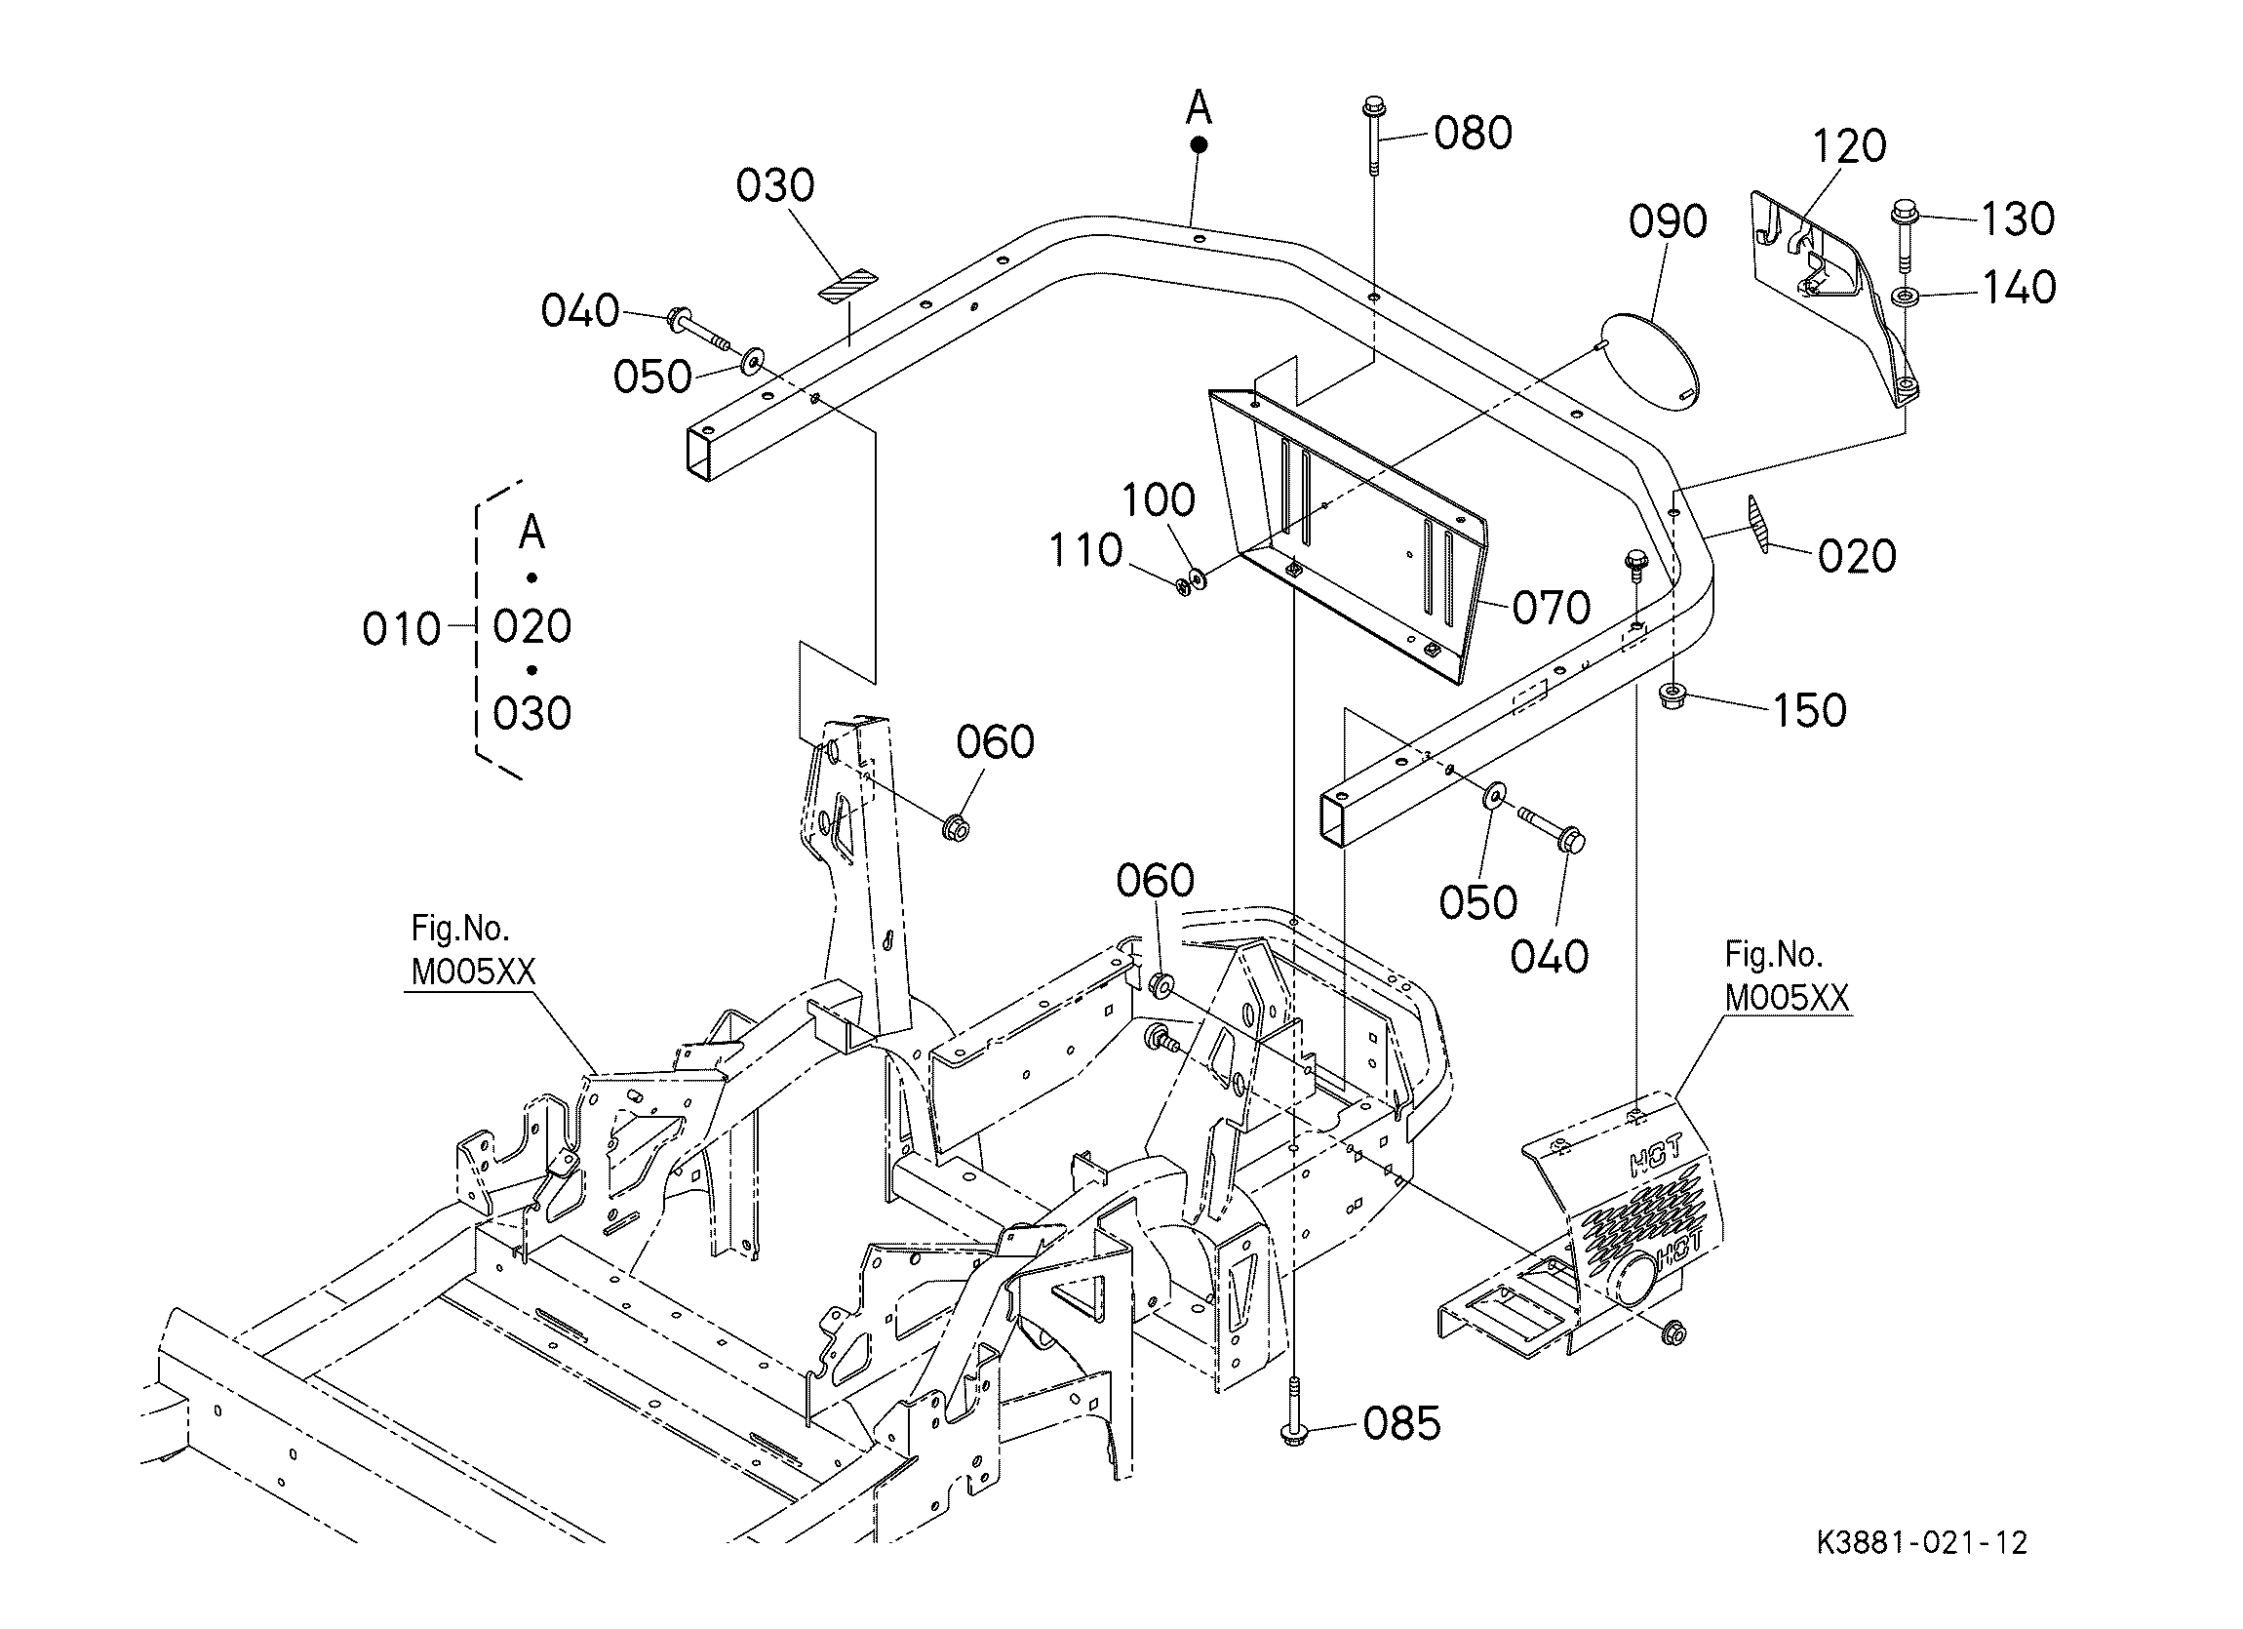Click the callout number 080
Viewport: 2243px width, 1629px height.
pos(1473,133)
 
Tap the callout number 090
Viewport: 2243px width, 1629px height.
pos(1669,221)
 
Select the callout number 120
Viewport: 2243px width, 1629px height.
pos(1849,146)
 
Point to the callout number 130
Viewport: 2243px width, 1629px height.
pos(2018,219)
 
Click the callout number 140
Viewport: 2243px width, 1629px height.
pos(2019,288)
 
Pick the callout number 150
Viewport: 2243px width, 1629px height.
pos(1810,710)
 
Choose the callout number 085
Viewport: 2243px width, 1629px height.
pos(1401,1424)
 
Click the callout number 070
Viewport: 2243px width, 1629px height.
pos(1552,608)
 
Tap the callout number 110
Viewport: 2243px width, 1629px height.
pos(1085,551)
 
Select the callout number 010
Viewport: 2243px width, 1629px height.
pos(402,629)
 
